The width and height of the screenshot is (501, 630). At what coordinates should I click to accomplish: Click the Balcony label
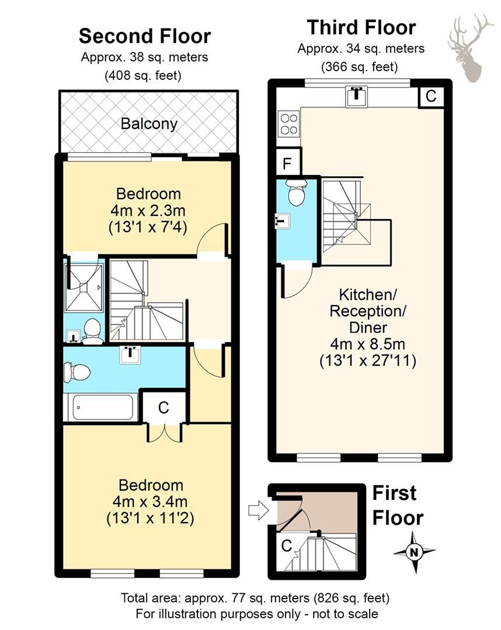tap(149, 124)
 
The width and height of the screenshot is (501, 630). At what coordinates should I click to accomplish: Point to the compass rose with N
tap(414, 551)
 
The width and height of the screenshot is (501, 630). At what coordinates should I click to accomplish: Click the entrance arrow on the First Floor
tap(256, 511)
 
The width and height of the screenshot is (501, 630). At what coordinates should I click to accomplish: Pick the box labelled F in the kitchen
tap(287, 163)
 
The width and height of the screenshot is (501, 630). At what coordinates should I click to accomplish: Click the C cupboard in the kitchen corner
tap(430, 96)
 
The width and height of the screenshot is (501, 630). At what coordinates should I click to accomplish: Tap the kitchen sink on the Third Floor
tap(356, 97)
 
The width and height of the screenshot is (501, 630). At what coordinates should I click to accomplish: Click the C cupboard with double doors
tap(163, 408)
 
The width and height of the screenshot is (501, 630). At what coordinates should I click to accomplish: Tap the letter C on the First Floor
tap(286, 547)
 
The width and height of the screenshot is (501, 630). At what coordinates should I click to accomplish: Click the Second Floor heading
tap(145, 36)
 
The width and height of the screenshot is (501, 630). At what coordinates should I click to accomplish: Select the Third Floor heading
tap(361, 27)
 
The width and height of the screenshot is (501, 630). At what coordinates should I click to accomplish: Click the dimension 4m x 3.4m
tap(151, 501)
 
